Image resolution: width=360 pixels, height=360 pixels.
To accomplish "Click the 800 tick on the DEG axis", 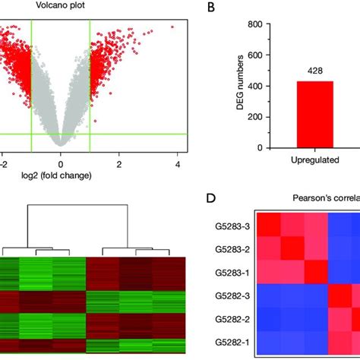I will (x=254, y=24).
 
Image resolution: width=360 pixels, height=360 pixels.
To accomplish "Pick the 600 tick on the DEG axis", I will (x=254, y=55).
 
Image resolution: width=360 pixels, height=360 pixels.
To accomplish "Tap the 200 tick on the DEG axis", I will (x=254, y=117).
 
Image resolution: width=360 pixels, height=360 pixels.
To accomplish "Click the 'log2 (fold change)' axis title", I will (x=61, y=176).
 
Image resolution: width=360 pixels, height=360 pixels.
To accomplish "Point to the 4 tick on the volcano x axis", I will (x=177, y=163).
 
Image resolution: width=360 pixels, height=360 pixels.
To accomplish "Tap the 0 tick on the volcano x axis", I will (x=61, y=163).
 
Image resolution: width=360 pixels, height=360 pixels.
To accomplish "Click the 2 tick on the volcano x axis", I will (x=119, y=163).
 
